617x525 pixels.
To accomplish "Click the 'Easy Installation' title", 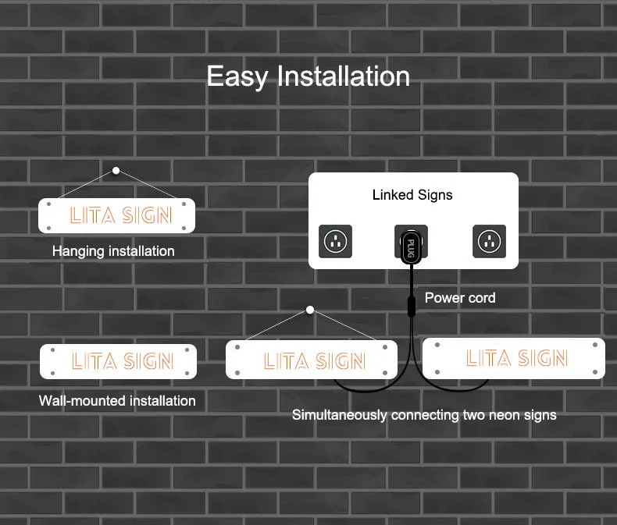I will [308, 76].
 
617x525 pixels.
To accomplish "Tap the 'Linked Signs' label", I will [412, 194].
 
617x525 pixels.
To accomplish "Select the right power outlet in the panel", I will [489, 241].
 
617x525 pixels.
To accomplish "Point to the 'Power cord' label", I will [460, 298].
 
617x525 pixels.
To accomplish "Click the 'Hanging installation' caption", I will [113, 251].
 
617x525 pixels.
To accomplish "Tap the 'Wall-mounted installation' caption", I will [117, 401].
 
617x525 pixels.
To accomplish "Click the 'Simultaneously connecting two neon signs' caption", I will [424, 415].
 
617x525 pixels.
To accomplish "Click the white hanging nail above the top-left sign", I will [116, 170].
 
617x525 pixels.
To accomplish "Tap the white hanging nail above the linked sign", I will [310, 310].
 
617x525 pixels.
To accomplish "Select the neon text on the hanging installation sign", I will [120, 215].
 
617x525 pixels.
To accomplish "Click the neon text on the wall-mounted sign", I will [122, 361].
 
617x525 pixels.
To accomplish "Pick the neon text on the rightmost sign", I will [516, 358].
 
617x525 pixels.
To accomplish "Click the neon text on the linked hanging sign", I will [314, 361].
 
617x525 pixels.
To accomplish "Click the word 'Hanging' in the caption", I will [77, 251].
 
